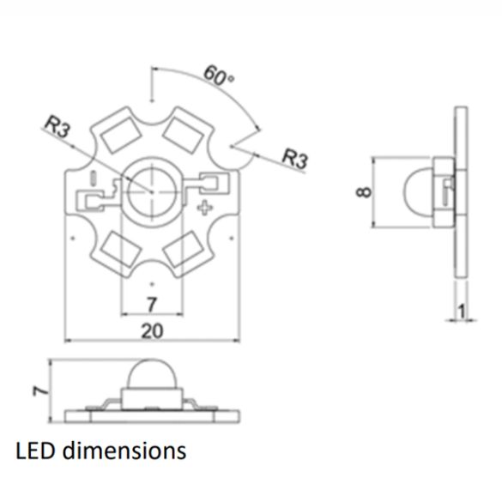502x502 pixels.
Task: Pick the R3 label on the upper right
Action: point(295,159)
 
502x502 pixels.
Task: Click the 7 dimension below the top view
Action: point(151,304)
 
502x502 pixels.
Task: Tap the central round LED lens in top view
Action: point(150,190)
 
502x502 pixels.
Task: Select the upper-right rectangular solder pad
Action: point(183,131)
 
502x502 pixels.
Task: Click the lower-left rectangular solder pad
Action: point(115,249)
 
